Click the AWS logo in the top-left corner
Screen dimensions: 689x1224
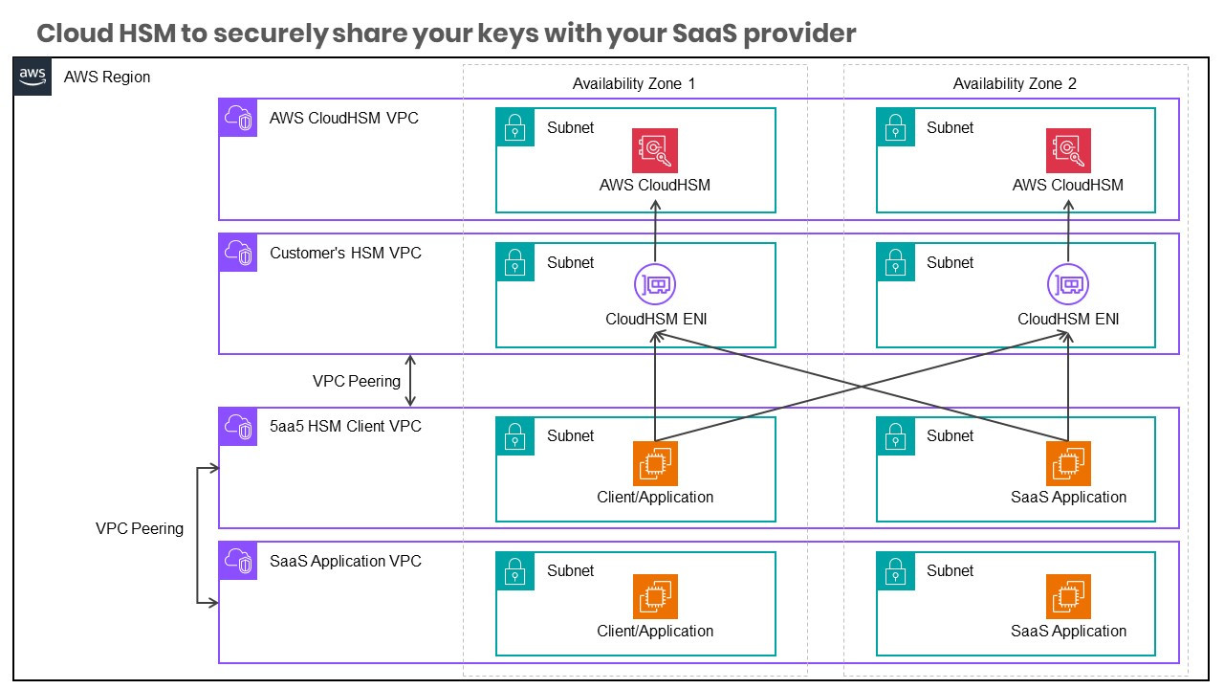(33, 77)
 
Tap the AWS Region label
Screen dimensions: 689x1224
(107, 78)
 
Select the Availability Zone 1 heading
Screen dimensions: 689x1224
(634, 84)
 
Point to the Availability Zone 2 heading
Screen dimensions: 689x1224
(1015, 84)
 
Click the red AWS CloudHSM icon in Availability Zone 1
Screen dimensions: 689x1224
(655, 150)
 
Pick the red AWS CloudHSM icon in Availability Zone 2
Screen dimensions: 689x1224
(1068, 150)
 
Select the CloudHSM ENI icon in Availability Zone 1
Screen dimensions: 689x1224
(655, 285)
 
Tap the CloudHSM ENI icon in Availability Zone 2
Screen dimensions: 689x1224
(1068, 285)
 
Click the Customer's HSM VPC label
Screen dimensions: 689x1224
(345, 254)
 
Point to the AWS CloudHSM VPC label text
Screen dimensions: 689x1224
(343, 119)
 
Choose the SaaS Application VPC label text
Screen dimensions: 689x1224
(345, 562)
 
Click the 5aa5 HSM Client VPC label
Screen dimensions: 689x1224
(345, 427)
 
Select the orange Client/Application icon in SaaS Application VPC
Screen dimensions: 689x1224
(655, 597)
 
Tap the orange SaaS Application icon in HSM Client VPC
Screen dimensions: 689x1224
(1068, 463)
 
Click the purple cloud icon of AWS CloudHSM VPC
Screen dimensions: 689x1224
(238, 119)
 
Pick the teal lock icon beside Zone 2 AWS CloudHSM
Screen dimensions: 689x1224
(895, 127)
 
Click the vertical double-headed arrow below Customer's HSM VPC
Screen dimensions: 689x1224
(410, 381)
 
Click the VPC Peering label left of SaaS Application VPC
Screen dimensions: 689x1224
(140, 529)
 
